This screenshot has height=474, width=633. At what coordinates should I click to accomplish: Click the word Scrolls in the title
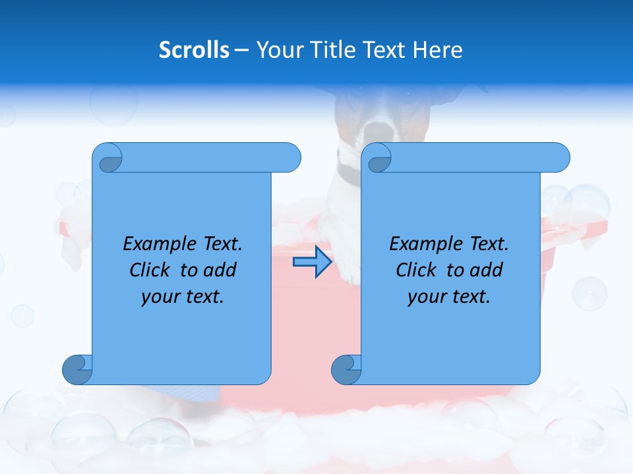click(194, 50)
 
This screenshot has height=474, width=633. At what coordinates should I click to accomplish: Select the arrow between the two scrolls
click(312, 262)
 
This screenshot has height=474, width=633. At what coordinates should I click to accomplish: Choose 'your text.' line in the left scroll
click(183, 296)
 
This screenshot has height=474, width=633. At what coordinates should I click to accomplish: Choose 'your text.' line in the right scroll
click(449, 296)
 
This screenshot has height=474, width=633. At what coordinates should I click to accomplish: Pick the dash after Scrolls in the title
click(241, 50)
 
